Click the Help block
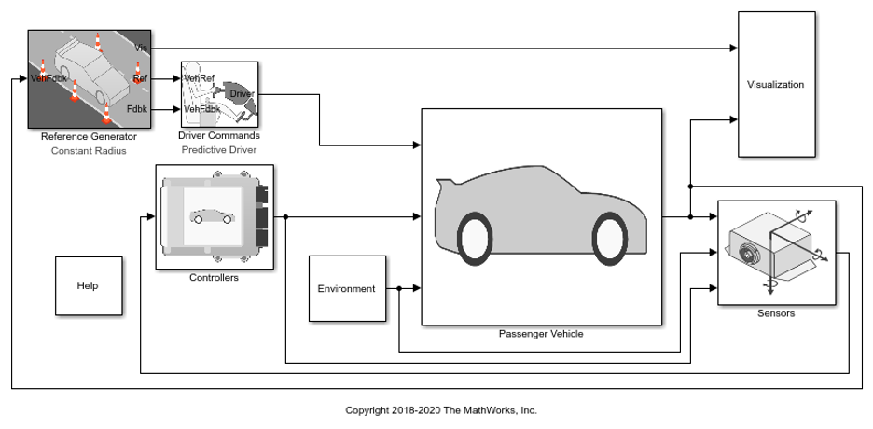87,285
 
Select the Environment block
346,289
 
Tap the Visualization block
775,84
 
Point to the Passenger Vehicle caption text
541,334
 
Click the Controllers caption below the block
214,277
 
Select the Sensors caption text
776,313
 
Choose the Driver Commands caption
218,137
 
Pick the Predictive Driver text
218,150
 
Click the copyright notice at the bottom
441,410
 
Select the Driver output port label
242,94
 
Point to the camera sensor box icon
765,247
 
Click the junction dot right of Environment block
399,289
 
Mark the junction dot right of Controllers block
285,217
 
